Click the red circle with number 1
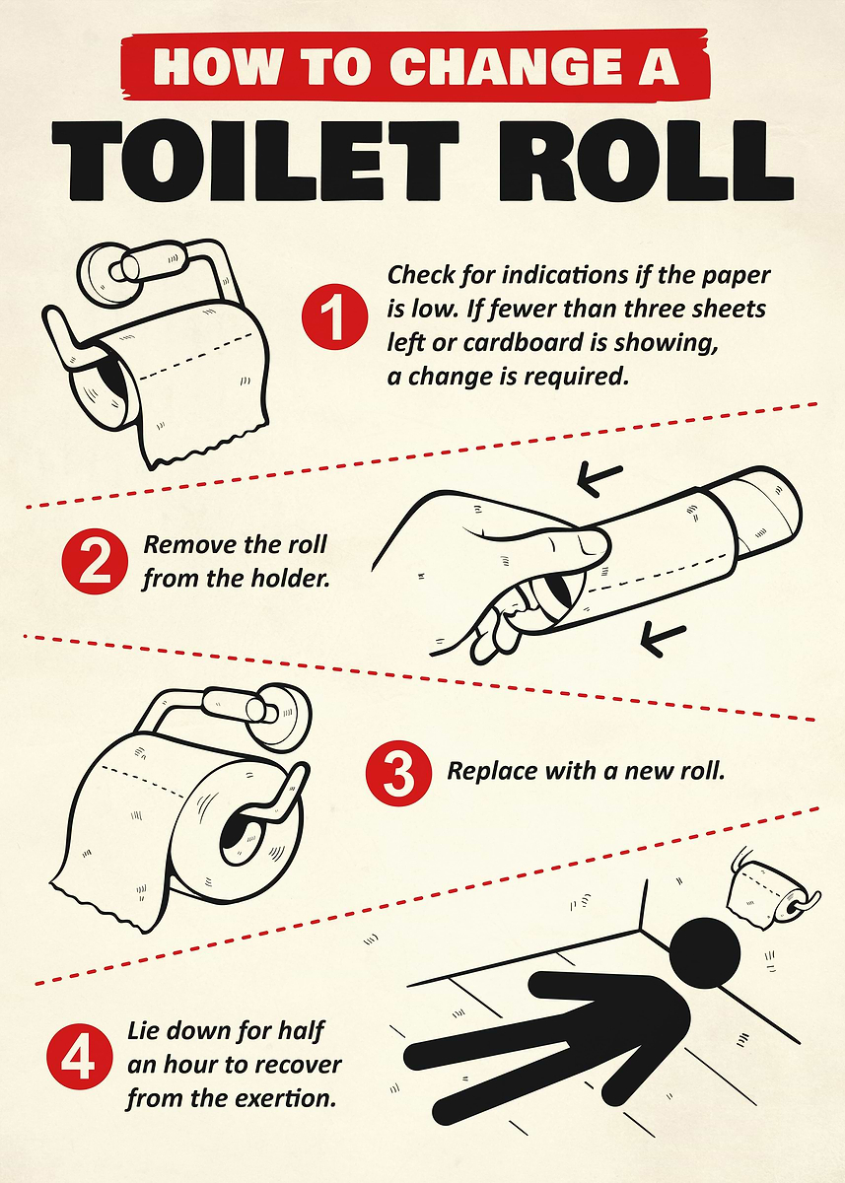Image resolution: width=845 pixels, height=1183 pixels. tap(332, 317)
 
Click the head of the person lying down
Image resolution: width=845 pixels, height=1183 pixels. tap(705, 949)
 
